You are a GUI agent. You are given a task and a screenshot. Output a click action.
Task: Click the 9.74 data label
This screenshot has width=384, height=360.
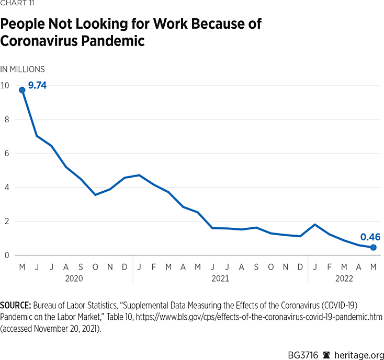click(37, 85)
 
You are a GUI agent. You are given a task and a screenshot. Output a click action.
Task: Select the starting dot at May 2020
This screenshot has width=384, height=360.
click(22, 90)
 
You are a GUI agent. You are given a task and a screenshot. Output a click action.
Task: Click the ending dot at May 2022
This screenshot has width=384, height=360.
click(373, 247)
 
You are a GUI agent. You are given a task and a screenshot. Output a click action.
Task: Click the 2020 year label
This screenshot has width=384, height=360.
click(74, 278)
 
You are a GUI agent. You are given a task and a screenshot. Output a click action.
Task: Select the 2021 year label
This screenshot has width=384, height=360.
click(220, 278)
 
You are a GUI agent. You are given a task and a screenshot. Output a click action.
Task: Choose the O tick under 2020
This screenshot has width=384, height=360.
click(95, 266)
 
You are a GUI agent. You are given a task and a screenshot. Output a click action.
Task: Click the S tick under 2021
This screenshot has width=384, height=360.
click(256, 266)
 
